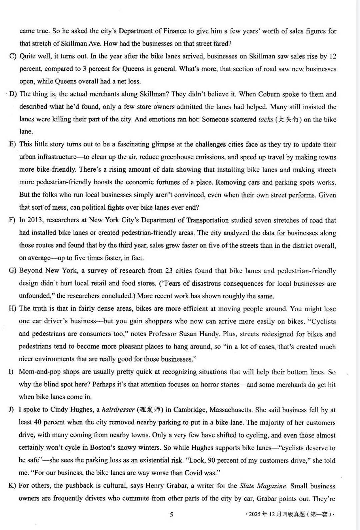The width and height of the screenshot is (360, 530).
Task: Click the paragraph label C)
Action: tap(13, 56)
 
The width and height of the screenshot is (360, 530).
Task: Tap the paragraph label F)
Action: tap(12, 220)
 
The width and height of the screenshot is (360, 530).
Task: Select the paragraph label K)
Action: tap(12, 485)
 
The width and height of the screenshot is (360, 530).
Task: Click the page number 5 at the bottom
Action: tap(171, 515)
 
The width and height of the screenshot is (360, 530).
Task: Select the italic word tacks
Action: tap(266, 120)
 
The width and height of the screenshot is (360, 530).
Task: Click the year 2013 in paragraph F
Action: tap(35, 220)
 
